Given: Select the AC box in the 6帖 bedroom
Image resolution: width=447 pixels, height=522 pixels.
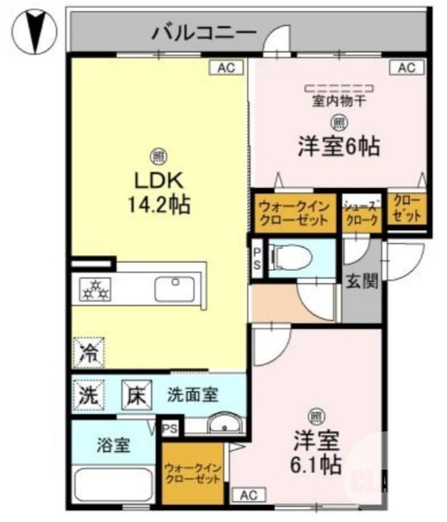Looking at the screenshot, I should pos(406,67).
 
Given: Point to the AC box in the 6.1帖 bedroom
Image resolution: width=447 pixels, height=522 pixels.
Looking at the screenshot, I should pos(248,496).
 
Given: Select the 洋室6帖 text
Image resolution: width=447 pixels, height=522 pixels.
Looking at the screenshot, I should pos(339,146).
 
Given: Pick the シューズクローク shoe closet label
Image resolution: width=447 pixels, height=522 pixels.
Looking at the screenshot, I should pos(361,213).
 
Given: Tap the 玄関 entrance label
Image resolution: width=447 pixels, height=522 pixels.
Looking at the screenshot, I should pos(362,282).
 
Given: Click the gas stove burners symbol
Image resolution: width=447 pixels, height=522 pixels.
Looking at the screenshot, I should pos(96,288).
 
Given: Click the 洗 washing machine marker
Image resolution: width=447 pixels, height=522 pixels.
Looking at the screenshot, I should pos(88,394).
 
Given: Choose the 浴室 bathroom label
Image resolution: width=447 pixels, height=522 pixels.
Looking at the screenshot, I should pos(113,446).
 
